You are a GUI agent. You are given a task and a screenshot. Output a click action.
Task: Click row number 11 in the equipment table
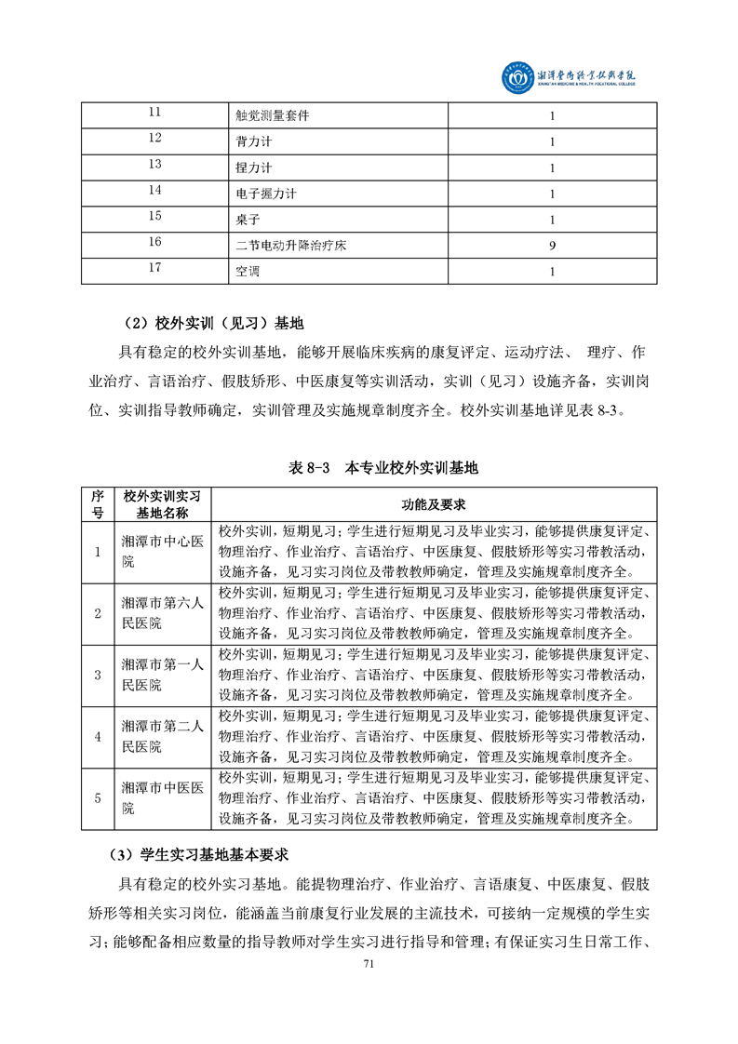pos(155,113)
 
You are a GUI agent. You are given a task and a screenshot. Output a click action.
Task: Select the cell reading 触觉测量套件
pos(273,116)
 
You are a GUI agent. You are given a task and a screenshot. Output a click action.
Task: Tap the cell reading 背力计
pos(253,142)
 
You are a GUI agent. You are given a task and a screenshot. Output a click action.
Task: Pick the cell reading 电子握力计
pos(266,194)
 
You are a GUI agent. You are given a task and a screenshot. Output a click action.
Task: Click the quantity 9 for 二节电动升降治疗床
pos(553,246)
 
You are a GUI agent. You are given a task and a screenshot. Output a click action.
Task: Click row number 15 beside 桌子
pos(155,217)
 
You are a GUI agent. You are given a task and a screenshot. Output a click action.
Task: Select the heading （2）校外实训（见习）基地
pos(214,324)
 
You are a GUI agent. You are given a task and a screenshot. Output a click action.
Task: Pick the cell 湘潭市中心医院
pos(162,552)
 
